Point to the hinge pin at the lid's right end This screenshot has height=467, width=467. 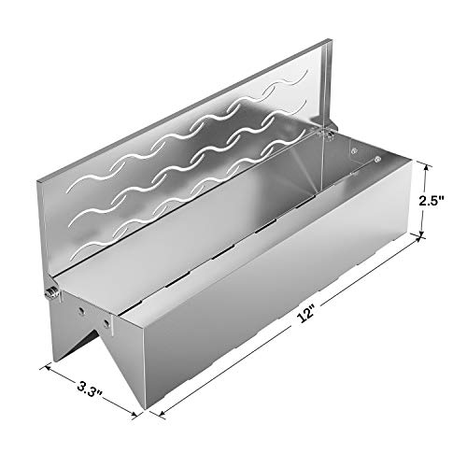328,133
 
